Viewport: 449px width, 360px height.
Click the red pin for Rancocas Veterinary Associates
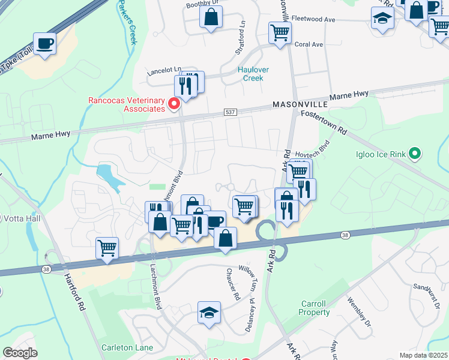pos(174,104)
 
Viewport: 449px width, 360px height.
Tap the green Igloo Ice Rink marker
pos(414,154)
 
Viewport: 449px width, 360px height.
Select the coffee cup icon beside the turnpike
pos(45,44)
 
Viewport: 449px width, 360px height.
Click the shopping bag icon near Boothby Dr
pos(211,18)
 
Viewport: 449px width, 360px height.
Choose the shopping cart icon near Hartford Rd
pos(107,248)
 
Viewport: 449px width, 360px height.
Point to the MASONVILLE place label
pos(300,104)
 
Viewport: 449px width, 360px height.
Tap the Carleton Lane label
pos(127,347)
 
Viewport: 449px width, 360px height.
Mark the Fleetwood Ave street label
pos(313,19)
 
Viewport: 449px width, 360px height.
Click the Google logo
pos(20,353)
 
